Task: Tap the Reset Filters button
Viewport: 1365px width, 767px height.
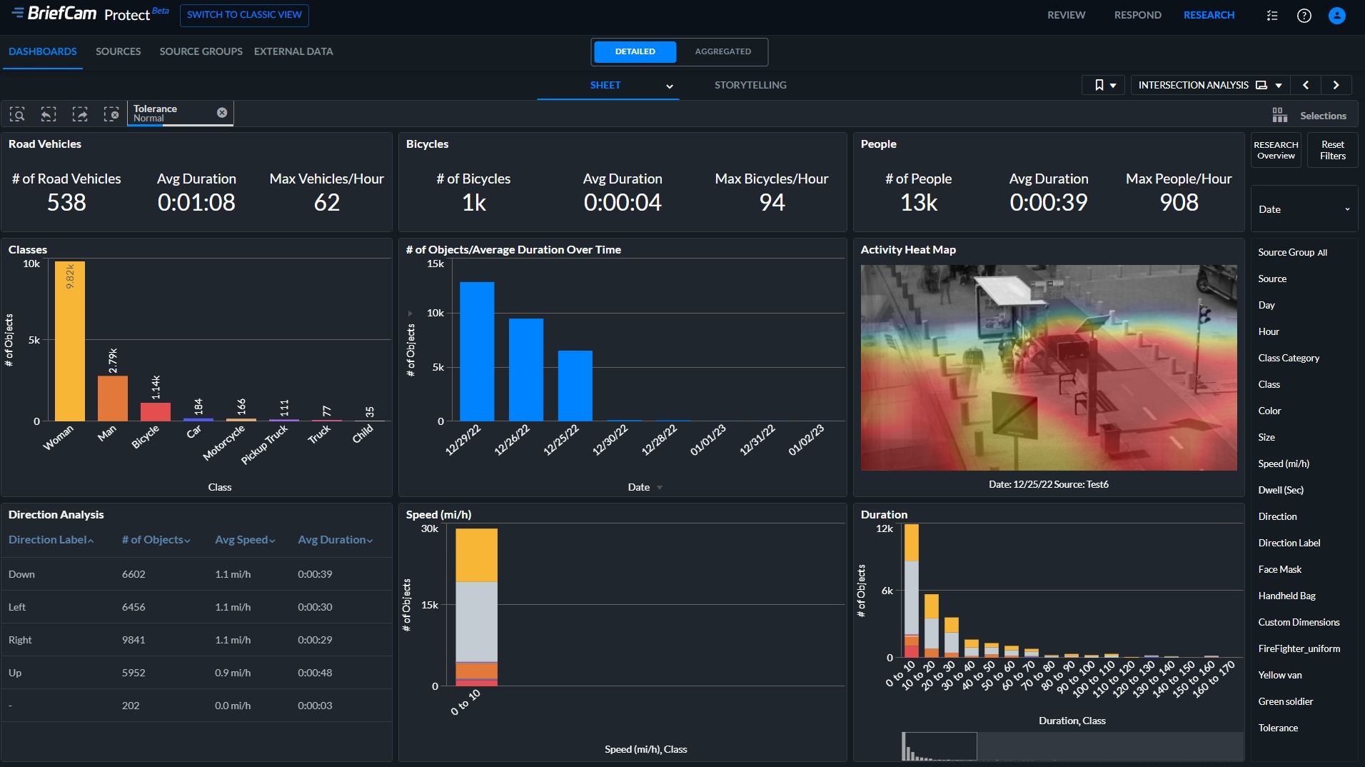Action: [x=1332, y=150]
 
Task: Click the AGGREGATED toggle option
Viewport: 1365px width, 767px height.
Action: [x=722, y=51]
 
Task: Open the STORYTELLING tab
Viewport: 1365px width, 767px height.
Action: [x=750, y=85]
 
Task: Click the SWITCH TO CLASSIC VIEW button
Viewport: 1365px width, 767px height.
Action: [x=244, y=15]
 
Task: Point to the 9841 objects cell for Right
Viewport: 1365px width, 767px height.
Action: [x=134, y=640]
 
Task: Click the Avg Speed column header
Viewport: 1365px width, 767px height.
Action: [x=245, y=540]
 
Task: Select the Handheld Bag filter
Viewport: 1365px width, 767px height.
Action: [x=1286, y=596]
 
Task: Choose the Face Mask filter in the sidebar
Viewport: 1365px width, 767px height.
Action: [x=1279, y=569]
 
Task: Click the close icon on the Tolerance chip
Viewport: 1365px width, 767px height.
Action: [x=222, y=113]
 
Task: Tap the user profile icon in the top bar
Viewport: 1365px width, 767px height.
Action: [x=1336, y=16]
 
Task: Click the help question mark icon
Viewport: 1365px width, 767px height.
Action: [x=1304, y=16]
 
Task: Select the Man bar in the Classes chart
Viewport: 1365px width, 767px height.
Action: [x=113, y=398]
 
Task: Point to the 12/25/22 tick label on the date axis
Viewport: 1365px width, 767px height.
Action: [x=561, y=440]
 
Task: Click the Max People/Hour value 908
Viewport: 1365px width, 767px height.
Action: [x=1179, y=203]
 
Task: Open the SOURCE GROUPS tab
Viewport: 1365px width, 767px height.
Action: [x=201, y=51]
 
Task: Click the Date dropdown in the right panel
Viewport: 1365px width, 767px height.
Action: [x=1304, y=209]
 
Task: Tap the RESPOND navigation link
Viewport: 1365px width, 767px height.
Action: [x=1137, y=15]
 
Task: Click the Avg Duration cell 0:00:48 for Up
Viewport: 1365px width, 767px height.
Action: [x=315, y=673]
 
